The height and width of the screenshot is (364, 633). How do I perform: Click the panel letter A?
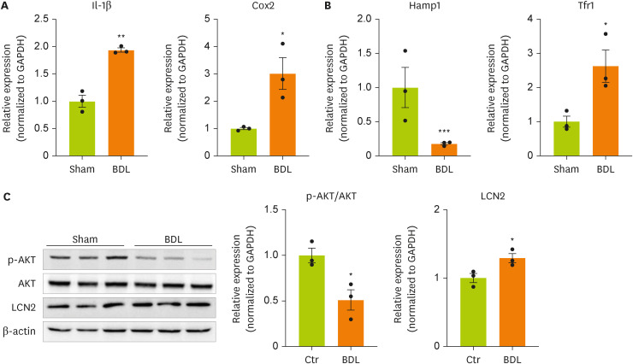pos(6,7)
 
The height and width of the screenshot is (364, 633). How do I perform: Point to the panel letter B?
pos(325,7)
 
